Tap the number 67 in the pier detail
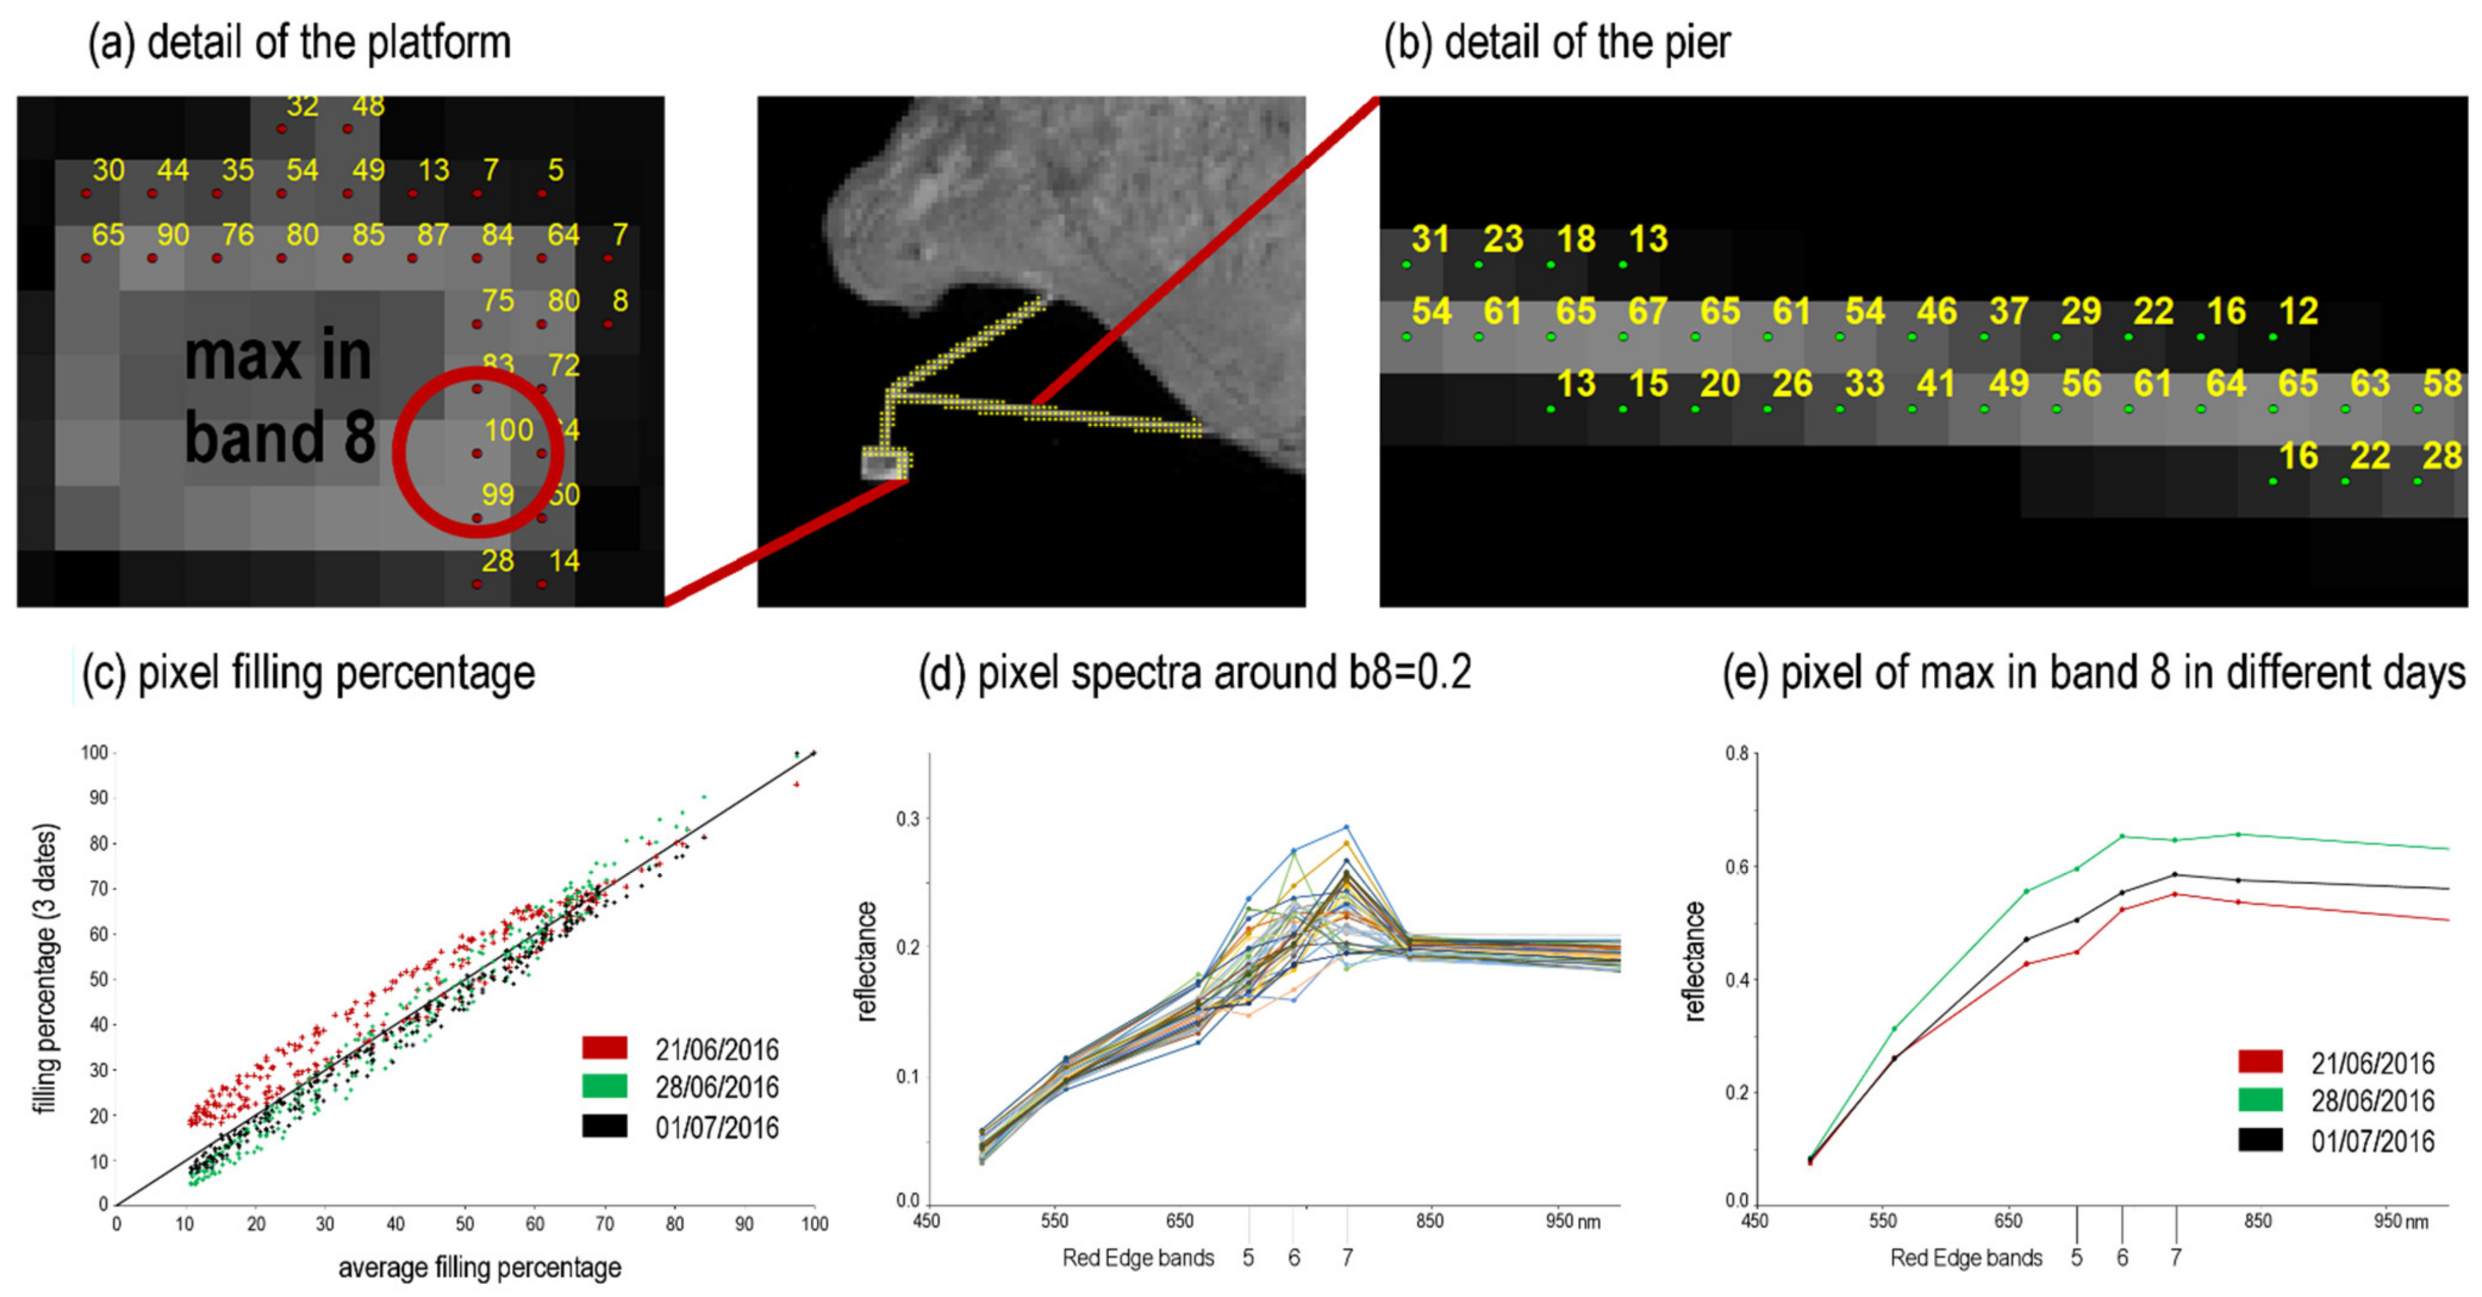click(1648, 312)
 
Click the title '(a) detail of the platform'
click(300, 43)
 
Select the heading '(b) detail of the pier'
click(1557, 43)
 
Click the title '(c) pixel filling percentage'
click(308, 673)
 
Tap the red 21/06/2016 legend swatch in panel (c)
click(604, 1047)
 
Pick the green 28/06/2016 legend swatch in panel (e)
click(2259, 1100)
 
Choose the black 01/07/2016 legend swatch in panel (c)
click(604, 1126)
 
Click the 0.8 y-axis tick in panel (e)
click(1736, 754)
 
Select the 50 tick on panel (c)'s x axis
click(465, 1224)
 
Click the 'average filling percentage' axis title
click(479, 1268)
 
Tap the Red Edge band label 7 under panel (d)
click(1347, 1258)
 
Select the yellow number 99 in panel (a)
click(497, 495)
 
